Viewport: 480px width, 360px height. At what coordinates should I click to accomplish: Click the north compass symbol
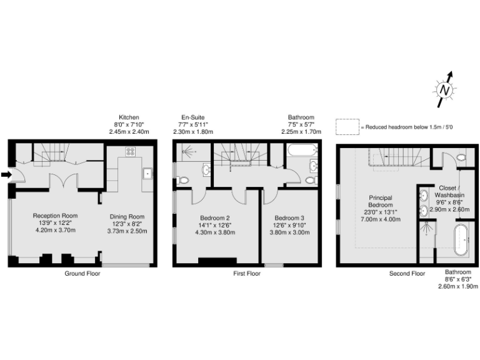(x=444, y=89)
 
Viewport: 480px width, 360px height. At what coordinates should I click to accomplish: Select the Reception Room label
(x=54, y=216)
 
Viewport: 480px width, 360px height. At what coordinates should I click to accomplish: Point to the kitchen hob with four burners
(x=131, y=151)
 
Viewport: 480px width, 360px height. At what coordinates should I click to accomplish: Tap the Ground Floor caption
(x=82, y=274)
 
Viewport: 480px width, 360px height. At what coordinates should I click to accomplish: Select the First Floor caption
(x=246, y=274)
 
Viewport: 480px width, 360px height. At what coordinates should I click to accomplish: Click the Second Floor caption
(x=407, y=274)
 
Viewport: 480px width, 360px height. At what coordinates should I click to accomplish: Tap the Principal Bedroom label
(x=379, y=201)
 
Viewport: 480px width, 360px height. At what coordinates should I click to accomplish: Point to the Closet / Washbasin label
(x=449, y=191)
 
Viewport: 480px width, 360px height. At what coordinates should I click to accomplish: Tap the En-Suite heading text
(x=192, y=117)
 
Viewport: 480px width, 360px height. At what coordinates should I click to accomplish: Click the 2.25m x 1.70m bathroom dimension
(x=301, y=132)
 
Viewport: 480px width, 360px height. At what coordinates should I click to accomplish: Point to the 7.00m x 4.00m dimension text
(x=379, y=220)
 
